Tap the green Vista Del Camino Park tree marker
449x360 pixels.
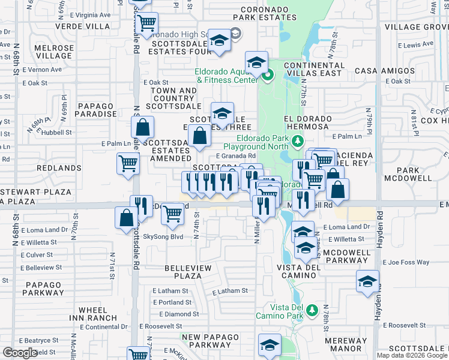click(x=312, y=310)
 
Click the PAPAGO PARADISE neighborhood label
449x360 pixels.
click(x=96, y=110)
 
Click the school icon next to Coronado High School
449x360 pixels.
click(x=220, y=40)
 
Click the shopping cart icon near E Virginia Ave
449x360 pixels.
click(x=146, y=23)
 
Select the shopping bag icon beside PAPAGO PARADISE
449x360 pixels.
click(x=143, y=127)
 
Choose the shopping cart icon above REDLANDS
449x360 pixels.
click(x=128, y=162)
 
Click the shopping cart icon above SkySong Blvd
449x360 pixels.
click(x=173, y=212)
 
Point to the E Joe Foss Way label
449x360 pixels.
click(x=407, y=262)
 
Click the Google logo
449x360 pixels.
click(x=20, y=353)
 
